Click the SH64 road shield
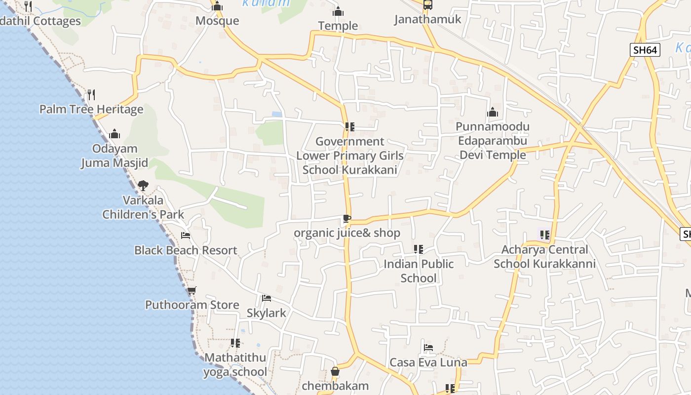tap(645, 50)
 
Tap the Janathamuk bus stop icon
tap(427, 5)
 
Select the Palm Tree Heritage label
tap(91, 109)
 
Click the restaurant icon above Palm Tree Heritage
tap(91, 94)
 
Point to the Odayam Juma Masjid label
tap(115, 156)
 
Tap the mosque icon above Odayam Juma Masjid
tap(115, 134)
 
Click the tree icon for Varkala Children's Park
tap(143, 186)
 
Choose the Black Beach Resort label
tap(186, 250)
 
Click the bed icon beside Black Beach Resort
tap(186, 235)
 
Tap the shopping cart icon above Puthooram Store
tap(192, 290)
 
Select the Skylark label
tap(267, 313)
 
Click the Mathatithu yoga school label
tap(235, 365)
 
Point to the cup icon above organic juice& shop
tap(347, 218)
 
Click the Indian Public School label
tap(419, 271)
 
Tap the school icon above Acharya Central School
tap(545, 235)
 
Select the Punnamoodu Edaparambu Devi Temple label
tap(493, 141)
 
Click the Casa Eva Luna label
tap(428, 363)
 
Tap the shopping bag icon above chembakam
tap(335, 371)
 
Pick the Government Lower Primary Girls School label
tap(350, 156)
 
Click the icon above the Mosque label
tap(217, 6)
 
